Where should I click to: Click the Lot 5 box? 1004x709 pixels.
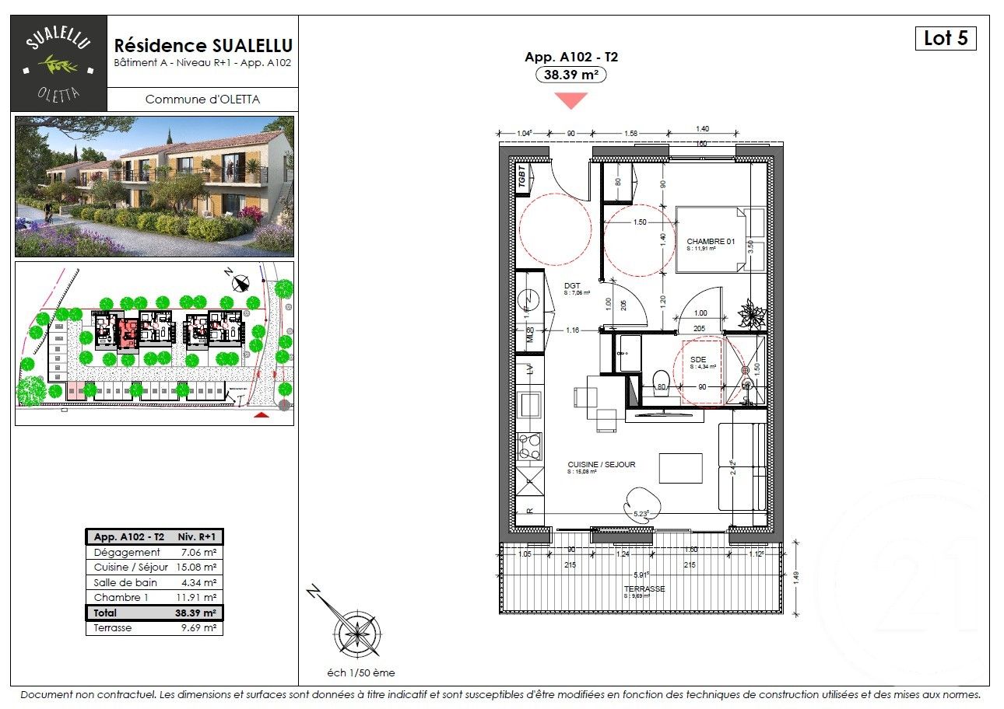(945, 38)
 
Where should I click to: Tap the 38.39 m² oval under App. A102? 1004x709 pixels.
(571, 75)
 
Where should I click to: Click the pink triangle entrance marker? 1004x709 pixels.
(571, 100)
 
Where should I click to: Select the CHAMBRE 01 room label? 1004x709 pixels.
(711, 242)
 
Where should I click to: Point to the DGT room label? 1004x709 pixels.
(572, 286)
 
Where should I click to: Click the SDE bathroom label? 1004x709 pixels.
(697, 359)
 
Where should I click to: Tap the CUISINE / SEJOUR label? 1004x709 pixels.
(601, 464)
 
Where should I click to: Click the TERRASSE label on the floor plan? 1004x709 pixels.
(644, 589)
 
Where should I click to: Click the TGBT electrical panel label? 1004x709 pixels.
(522, 177)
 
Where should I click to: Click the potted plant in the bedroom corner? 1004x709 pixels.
(752, 315)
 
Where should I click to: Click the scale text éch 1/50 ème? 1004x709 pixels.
(361, 673)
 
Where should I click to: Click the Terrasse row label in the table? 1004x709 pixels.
(113, 627)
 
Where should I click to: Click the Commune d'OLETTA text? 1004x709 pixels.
(202, 100)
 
